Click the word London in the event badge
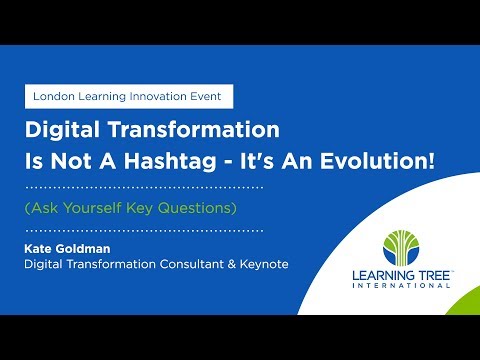(x=55, y=97)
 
